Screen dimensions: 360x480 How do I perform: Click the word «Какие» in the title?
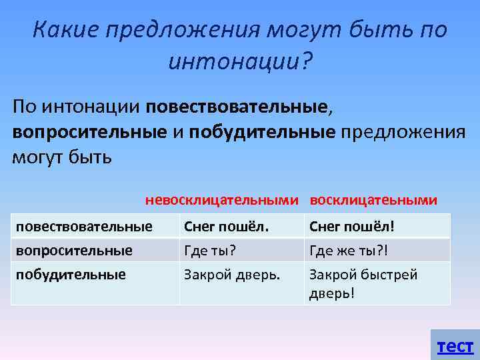[x=61, y=30]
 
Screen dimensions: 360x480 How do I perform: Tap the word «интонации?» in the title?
[x=241, y=63]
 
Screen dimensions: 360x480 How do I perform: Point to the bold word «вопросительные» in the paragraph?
[x=89, y=131]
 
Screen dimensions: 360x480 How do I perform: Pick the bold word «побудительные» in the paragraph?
[x=261, y=131]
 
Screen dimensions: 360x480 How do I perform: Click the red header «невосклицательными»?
[x=223, y=200]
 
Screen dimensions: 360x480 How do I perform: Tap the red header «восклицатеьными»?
[x=374, y=200]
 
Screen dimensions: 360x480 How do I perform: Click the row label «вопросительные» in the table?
[x=74, y=251]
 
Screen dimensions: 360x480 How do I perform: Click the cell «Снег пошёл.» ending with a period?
[x=227, y=227]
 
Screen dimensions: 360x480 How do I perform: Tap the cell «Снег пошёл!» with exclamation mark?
[x=352, y=227]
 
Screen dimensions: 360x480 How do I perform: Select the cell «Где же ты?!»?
[x=348, y=251]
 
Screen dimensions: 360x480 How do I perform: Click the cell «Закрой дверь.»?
[x=232, y=274]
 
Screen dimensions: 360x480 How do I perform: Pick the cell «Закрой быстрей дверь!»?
[x=363, y=283]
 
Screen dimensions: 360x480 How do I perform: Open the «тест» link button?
[x=455, y=346]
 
